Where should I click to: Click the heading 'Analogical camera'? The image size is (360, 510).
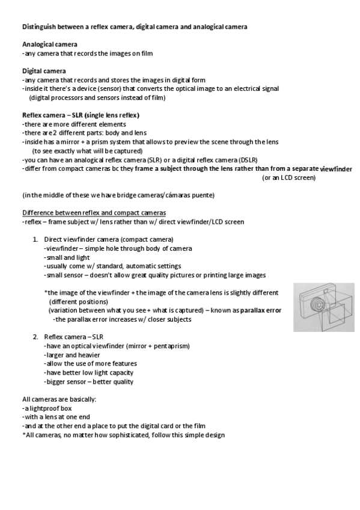tap(49, 45)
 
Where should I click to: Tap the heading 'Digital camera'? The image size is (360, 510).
tap(44, 71)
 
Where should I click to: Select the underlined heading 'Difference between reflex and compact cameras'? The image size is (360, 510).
tap(94, 213)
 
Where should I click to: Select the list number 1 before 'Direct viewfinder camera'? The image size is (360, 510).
tap(35, 239)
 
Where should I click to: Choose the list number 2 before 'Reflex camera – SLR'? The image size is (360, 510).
tap(35, 337)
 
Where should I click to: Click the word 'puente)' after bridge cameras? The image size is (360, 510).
tap(203, 195)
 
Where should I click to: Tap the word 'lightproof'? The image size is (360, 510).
tap(43, 408)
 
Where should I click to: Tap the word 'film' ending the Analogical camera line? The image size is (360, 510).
tap(147, 54)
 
